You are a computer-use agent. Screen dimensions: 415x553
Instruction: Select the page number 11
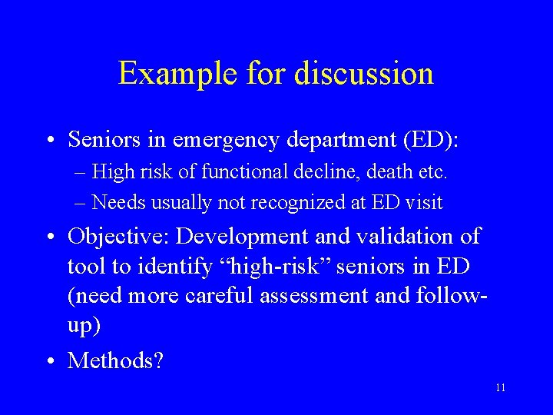[501, 388]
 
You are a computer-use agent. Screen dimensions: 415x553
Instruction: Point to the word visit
[426, 203]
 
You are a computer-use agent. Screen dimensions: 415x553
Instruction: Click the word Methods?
[115, 360]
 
